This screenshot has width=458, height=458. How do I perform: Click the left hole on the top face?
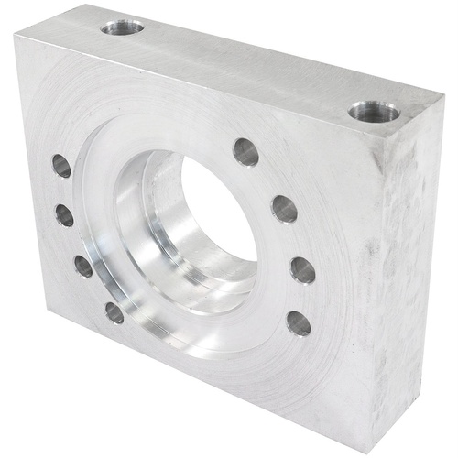(122, 27)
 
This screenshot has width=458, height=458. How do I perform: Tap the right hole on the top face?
(374, 112)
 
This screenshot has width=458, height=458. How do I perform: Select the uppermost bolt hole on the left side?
(61, 166)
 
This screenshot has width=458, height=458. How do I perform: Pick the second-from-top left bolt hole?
(64, 215)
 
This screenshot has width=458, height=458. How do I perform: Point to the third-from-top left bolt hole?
(83, 266)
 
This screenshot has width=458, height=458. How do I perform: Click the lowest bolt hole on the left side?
(114, 312)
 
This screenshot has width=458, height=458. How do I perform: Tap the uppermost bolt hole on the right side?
(245, 151)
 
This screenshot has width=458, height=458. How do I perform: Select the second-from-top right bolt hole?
(284, 209)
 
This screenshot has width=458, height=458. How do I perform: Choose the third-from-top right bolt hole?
(302, 269)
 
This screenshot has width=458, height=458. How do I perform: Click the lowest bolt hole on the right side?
(299, 322)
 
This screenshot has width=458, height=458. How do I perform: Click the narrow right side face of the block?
(412, 275)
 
